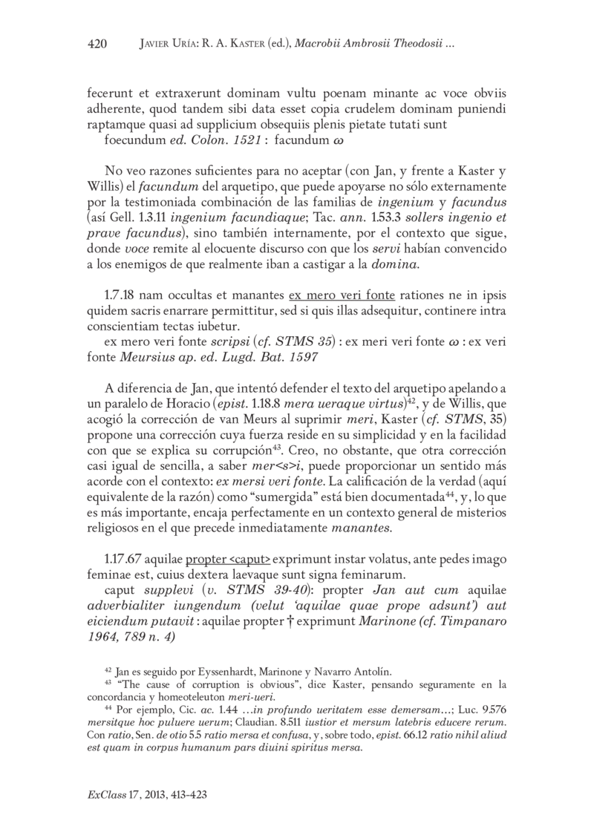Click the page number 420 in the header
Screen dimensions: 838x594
pos(97,45)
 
